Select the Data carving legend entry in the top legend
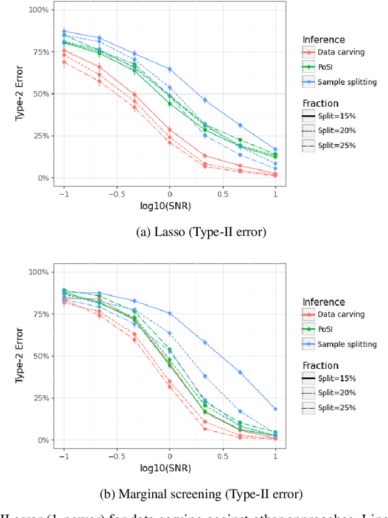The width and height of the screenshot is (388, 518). (341, 52)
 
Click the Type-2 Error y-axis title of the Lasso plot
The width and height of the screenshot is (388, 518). (19, 94)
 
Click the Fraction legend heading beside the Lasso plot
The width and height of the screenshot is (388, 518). (321, 103)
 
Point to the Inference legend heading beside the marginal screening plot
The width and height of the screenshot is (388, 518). (324, 302)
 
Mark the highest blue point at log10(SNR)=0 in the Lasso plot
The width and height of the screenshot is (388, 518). (170, 69)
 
